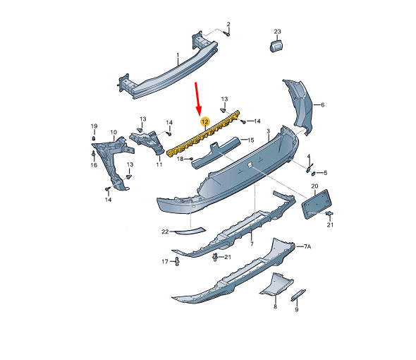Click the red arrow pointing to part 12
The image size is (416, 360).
click(x=197, y=99)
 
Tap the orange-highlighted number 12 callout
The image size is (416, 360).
click(x=205, y=121)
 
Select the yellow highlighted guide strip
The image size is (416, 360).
click(x=203, y=134)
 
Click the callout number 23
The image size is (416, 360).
click(x=277, y=31)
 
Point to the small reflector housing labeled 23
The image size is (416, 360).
click(x=276, y=46)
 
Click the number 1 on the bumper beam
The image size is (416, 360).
click(x=178, y=55)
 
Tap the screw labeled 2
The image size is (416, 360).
click(x=226, y=34)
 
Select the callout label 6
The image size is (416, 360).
click(x=323, y=105)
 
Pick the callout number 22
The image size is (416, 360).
click(x=165, y=232)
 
